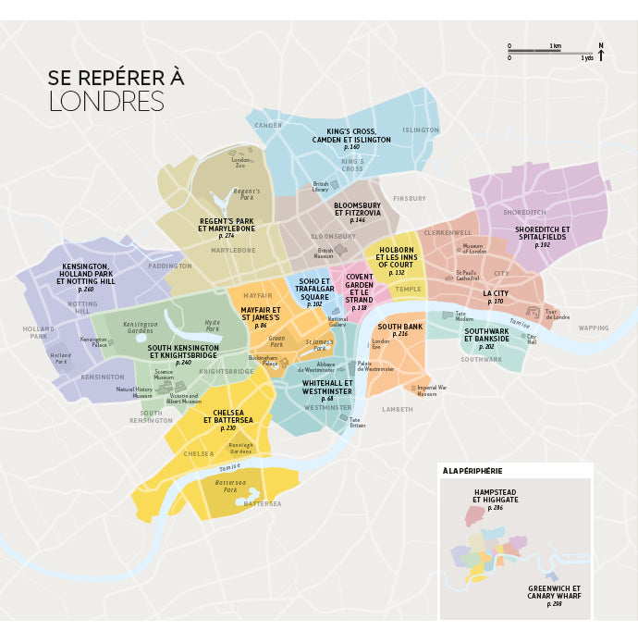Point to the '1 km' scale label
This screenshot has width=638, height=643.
pyautogui.click(x=555, y=45)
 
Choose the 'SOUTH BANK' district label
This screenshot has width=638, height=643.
pyautogui.click(x=399, y=328)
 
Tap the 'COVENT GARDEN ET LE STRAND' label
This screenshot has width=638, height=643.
pyautogui.click(x=360, y=289)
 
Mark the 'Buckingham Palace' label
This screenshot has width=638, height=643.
pyautogui.click(x=263, y=361)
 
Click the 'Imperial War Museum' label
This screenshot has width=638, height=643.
pyautogui.click(x=426, y=390)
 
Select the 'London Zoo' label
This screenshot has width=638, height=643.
pyautogui.click(x=239, y=162)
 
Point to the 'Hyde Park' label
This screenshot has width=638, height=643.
pyautogui.click(x=212, y=326)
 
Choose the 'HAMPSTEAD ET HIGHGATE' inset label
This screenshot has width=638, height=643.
pyautogui.click(x=495, y=496)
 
